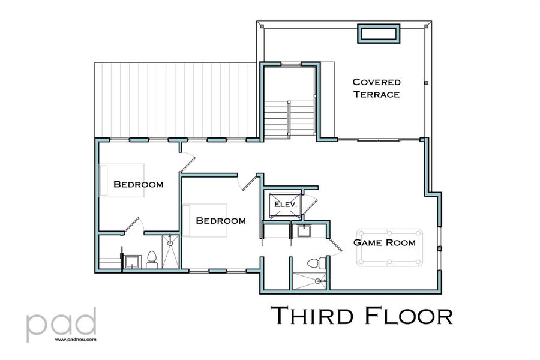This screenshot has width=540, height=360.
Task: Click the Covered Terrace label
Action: pos(376,88)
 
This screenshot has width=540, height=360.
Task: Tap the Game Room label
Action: pos(384,243)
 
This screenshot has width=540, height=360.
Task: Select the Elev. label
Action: pos(286,205)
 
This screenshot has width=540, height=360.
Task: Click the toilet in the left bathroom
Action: pos(151,259)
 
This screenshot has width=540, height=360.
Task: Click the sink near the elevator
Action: pos(304,230)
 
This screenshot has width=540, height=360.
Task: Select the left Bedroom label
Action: pos(138,184)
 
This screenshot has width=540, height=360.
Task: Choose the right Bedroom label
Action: pos(221,221)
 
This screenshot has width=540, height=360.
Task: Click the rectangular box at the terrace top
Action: pos(379,34)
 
